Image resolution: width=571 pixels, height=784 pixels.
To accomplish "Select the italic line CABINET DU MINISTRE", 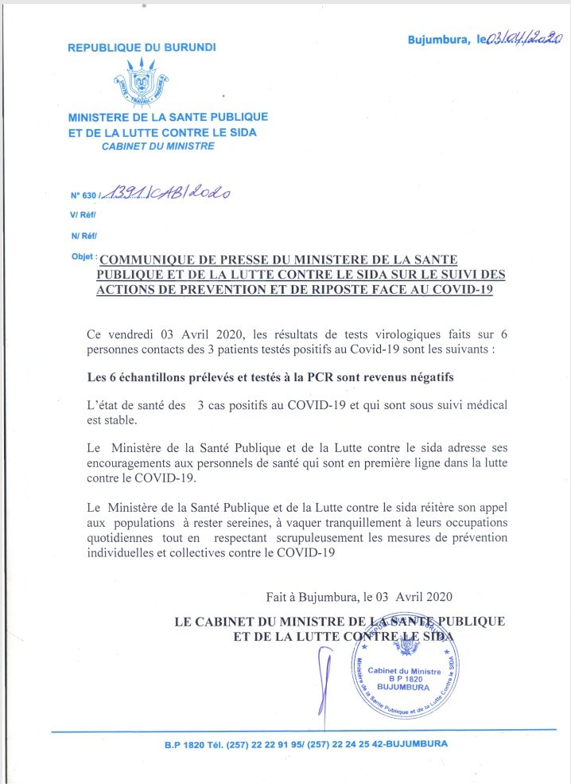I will point(157,147).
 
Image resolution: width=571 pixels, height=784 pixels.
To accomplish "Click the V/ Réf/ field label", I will point(83,215).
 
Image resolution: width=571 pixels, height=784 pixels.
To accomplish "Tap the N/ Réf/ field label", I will point(83,236).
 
